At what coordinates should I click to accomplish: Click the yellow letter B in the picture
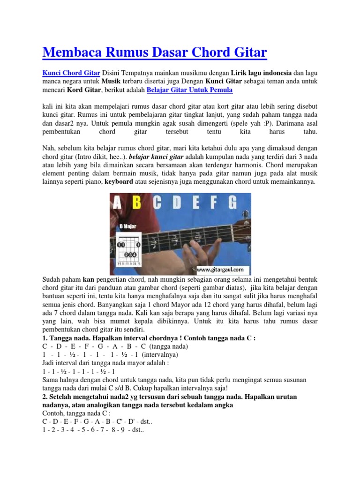(x=136, y=203)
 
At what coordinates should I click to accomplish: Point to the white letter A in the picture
(x=118, y=203)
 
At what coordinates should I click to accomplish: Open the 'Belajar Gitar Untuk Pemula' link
(x=189, y=90)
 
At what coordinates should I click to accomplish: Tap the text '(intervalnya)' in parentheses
(x=154, y=355)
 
